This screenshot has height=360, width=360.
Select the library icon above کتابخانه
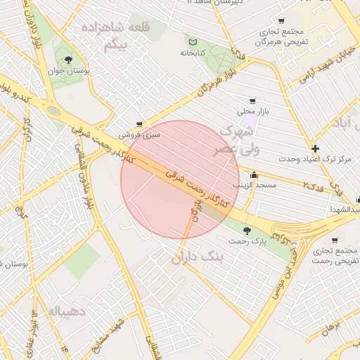[192, 41]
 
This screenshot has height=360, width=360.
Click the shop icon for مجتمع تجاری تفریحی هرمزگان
[282, 21]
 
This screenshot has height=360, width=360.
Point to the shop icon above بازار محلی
[252, 101]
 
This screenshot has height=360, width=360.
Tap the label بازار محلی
[252, 111]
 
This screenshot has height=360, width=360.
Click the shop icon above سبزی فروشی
[139, 124]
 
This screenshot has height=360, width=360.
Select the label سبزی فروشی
[139, 134]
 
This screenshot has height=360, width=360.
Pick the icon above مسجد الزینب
[254, 175]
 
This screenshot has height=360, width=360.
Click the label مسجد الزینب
[258, 185]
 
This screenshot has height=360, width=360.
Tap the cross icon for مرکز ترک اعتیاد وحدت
[316, 148]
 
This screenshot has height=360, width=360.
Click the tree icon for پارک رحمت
[246, 230]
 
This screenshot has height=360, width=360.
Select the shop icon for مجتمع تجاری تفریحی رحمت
[335, 240]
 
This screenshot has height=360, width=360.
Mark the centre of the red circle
[180, 180]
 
